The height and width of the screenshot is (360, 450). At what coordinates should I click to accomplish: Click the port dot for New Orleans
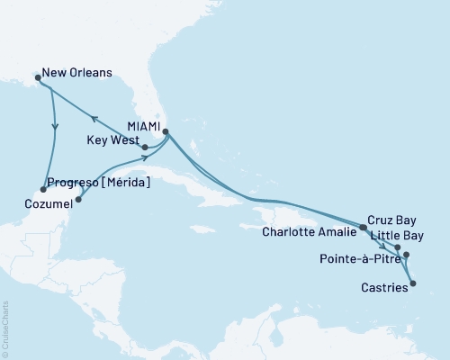[x=37, y=78]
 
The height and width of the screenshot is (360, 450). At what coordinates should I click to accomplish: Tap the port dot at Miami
[x=166, y=131]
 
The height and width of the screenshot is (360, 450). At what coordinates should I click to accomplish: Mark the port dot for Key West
[x=145, y=147]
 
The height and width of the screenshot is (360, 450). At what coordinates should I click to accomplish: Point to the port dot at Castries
[x=413, y=284]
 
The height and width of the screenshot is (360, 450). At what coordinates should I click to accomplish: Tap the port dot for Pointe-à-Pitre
[x=407, y=255]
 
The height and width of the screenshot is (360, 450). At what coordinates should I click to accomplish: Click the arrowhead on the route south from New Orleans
[x=55, y=127]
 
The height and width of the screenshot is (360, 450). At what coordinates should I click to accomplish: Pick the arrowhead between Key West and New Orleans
[x=93, y=116]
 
